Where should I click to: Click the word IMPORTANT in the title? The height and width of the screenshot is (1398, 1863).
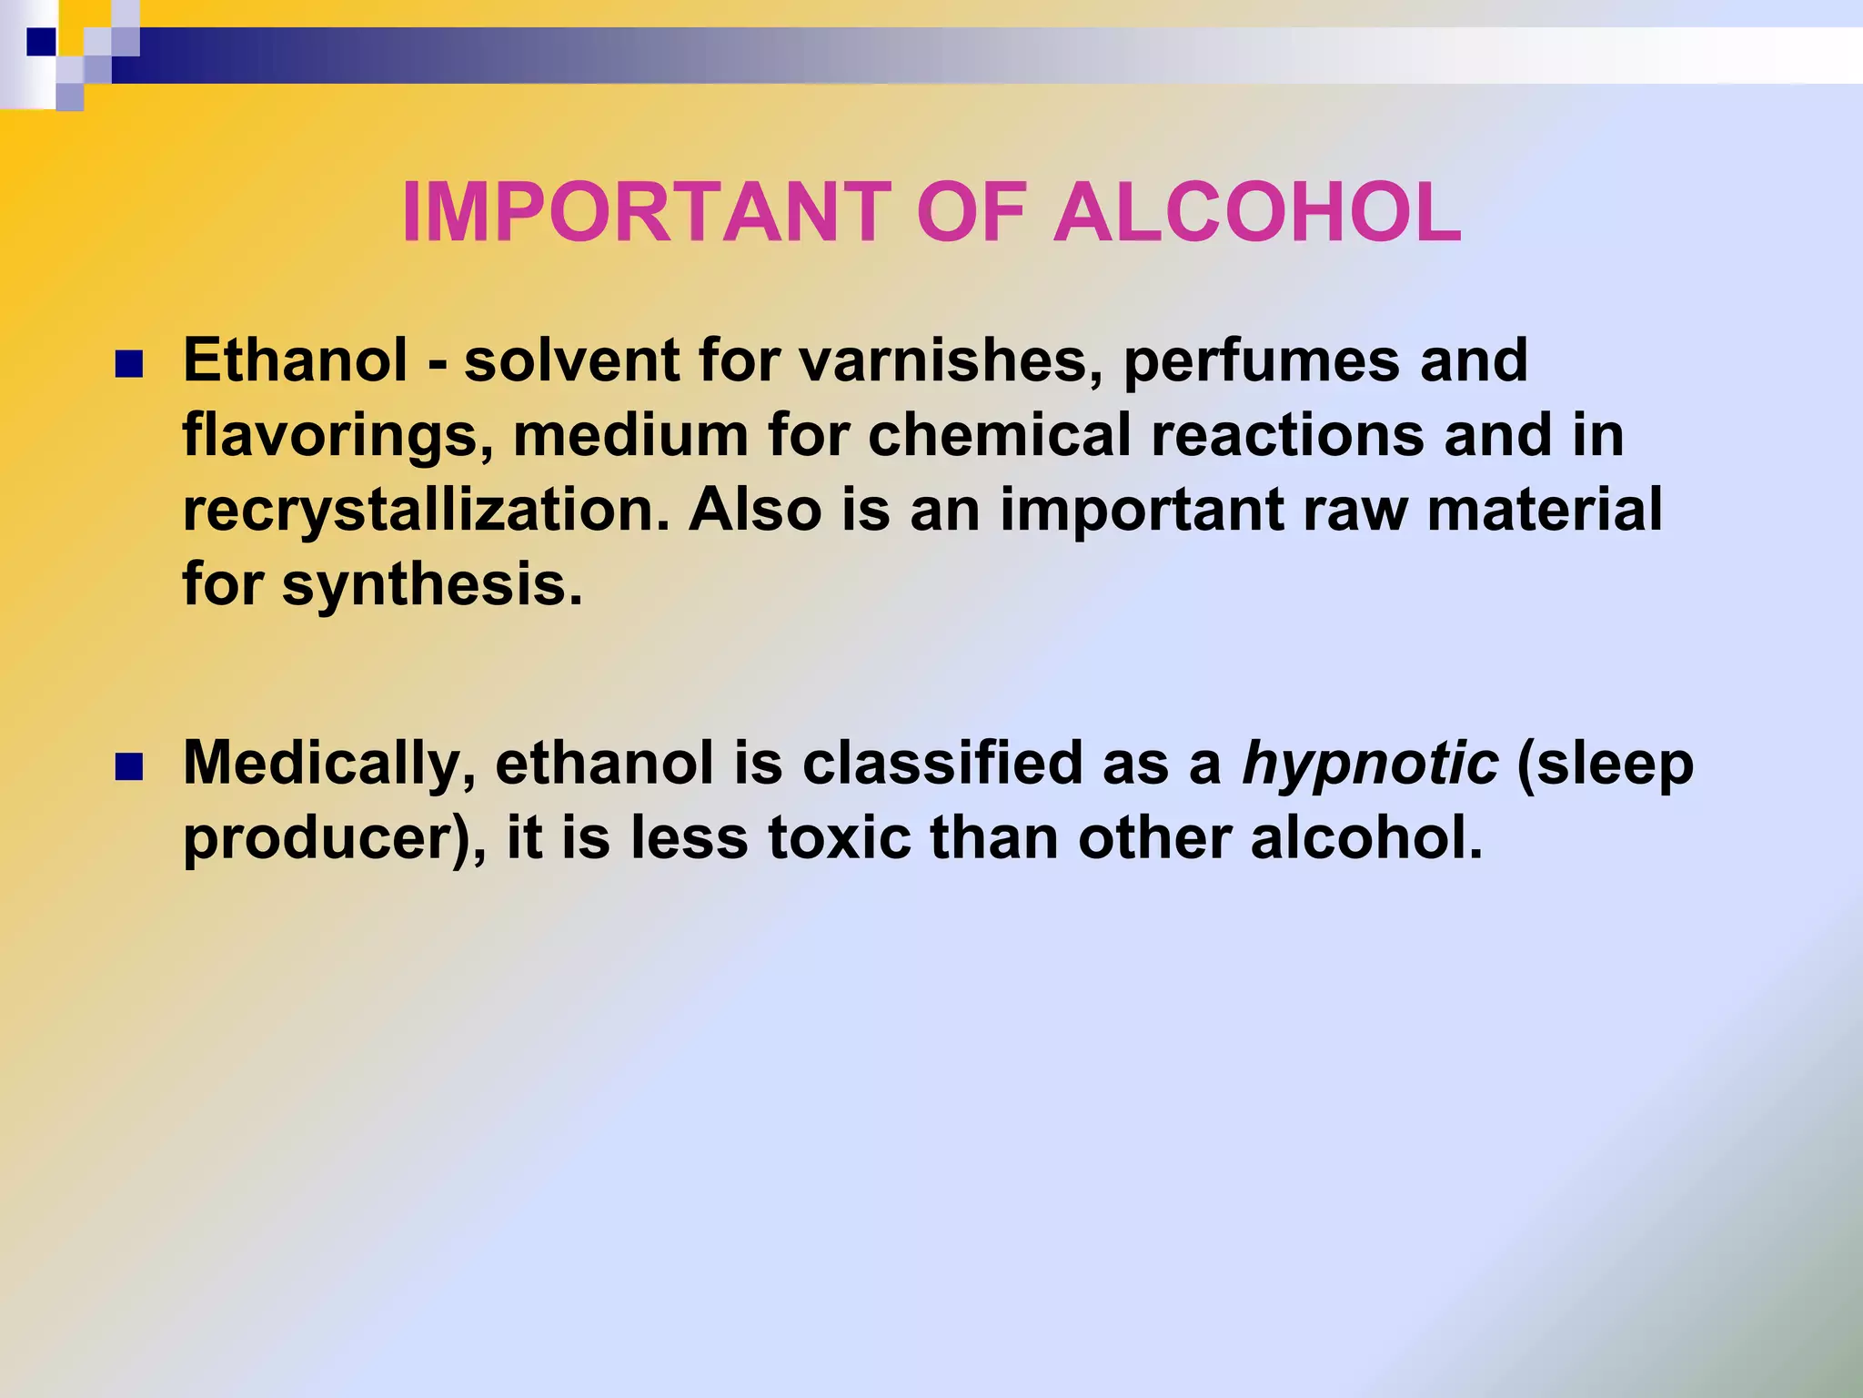pos(647,212)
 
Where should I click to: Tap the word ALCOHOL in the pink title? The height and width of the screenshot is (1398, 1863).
pos(1257,212)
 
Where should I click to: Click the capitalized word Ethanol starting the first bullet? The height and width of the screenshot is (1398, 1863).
pos(296,360)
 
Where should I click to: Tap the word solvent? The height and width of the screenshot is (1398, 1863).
pos(571,360)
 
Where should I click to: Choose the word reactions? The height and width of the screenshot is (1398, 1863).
pos(1287,435)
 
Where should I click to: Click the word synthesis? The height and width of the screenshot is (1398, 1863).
pos(432,585)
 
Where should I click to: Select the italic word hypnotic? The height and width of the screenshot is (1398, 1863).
pos(1370,765)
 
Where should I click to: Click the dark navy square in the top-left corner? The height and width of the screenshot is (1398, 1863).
pos(41,42)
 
